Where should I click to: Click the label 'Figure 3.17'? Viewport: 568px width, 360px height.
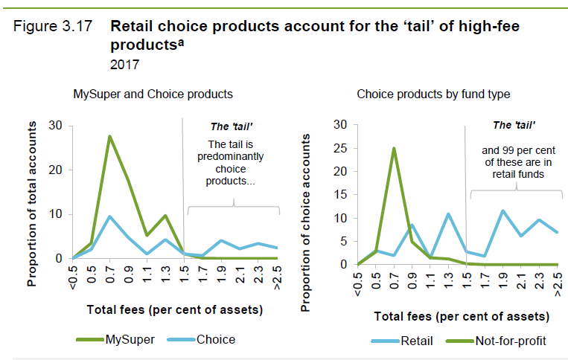pyautogui.click(x=53, y=26)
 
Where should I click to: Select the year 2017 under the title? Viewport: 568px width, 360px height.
pyautogui.click(x=124, y=65)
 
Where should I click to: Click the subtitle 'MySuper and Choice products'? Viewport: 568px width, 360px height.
pyautogui.click(x=153, y=94)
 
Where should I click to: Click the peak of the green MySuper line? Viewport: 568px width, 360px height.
pyautogui.click(x=109, y=136)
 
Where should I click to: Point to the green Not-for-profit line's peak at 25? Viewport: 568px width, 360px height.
pyautogui.click(x=394, y=148)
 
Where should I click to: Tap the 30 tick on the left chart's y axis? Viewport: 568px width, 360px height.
pyautogui.click(x=56, y=125)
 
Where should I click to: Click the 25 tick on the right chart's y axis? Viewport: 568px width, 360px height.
pyautogui.click(x=340, y=148)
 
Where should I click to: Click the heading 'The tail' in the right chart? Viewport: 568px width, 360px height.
pyautogui.click(x=514, y=125)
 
